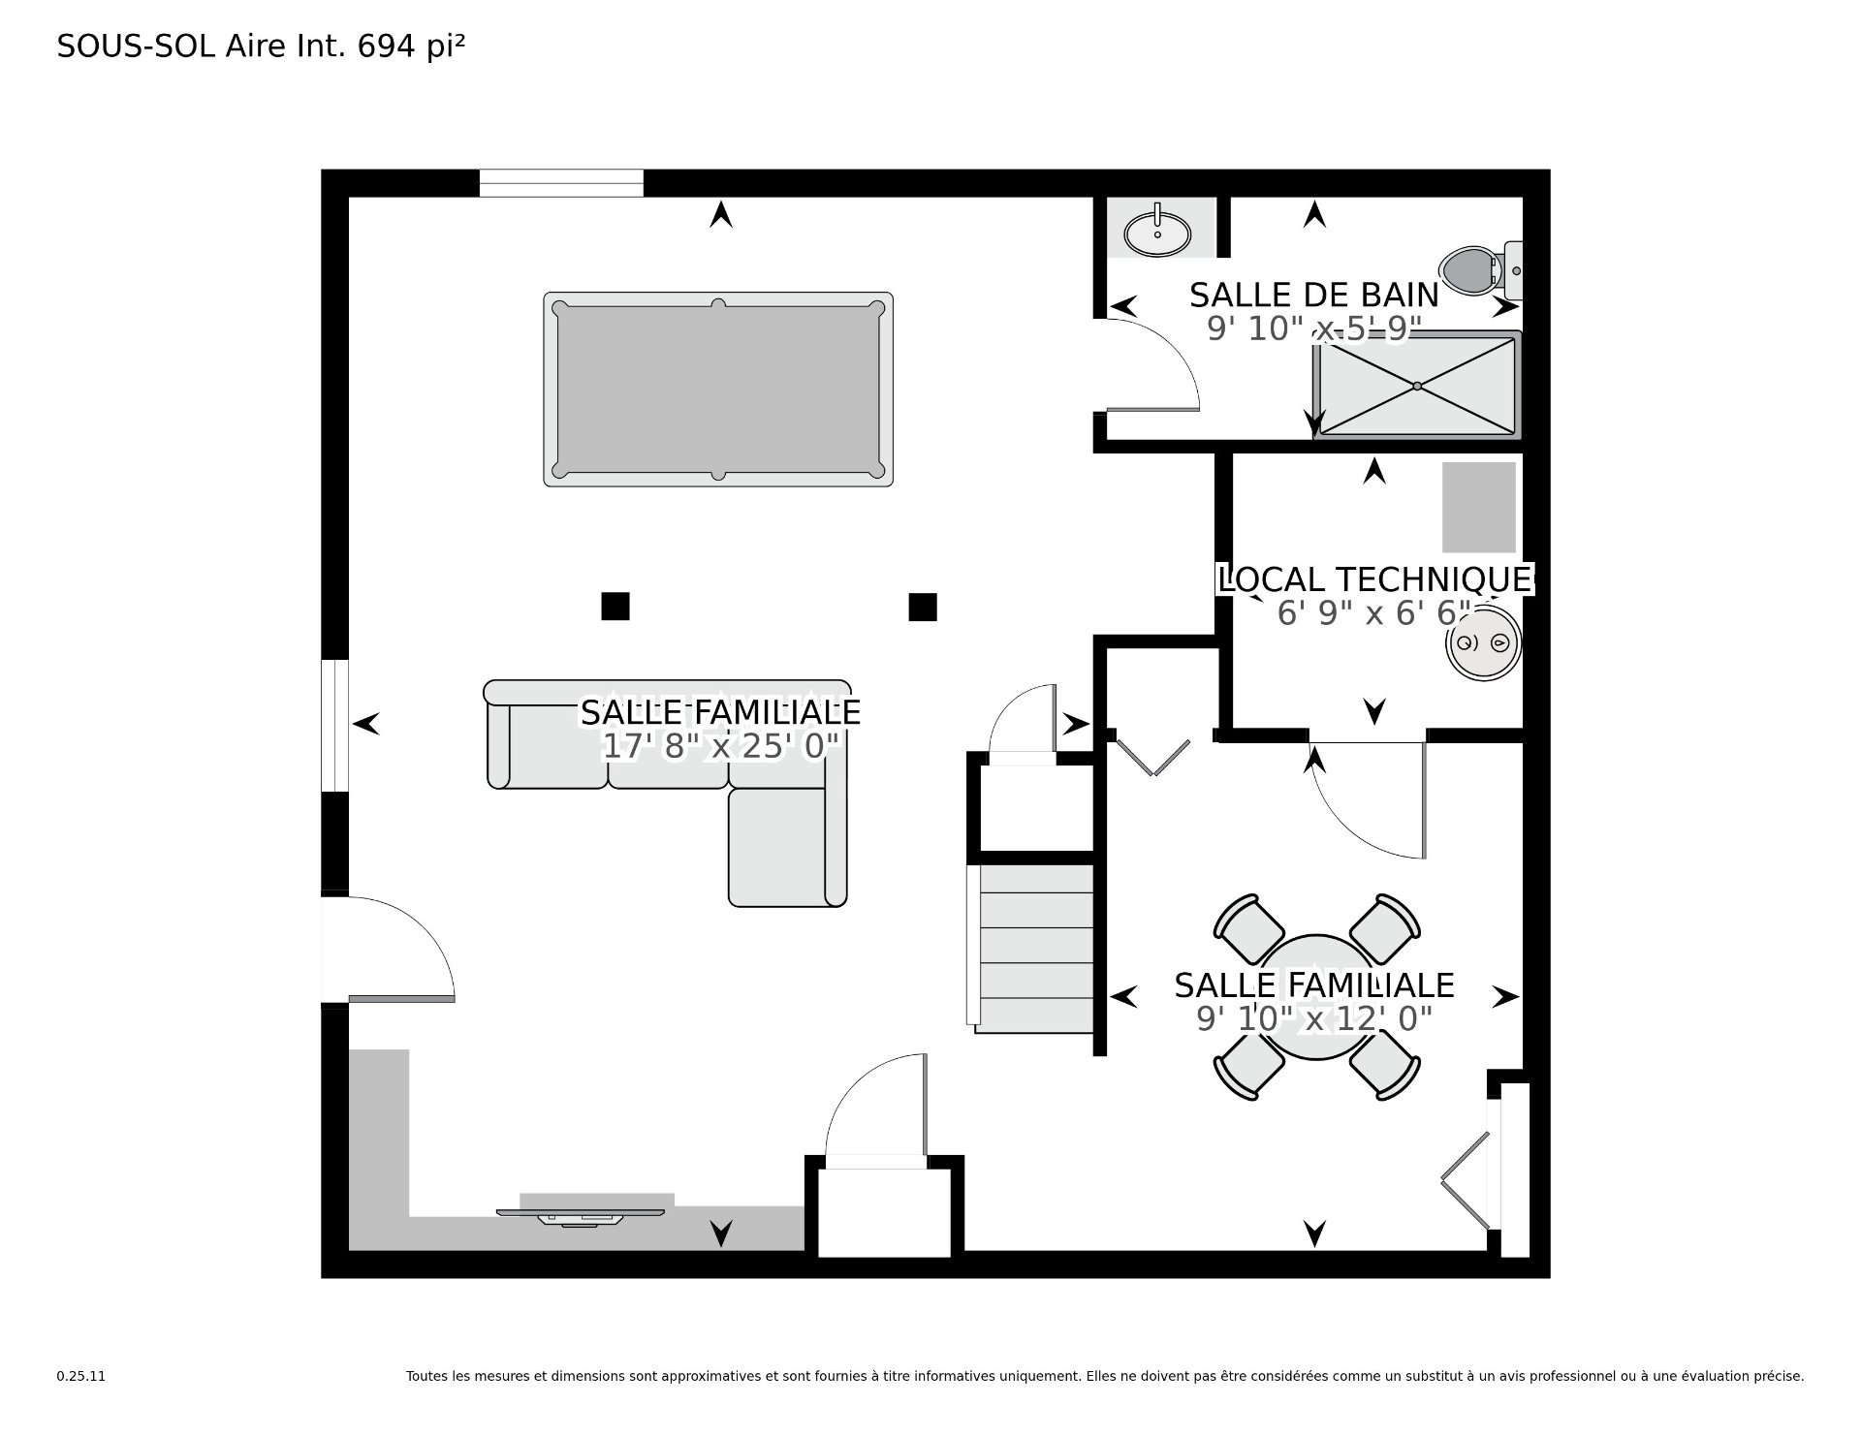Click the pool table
tap(717, 389)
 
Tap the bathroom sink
tap(1157, 233)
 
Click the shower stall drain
tap(1417, 386)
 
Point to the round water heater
tap(1483, 642)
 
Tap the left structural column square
tap(615, 606)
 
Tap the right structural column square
tap(923, 607)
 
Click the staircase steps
tap(1033, 948)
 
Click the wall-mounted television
tap(582, 1215)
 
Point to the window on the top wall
tap(561, 183)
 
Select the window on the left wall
tap(334, 726)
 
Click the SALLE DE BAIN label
tap(1314, 295)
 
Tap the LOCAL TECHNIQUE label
tap(1376, 579)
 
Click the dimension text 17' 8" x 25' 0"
tap(720, 746)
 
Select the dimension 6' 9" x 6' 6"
tap(1374, 613)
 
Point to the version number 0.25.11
tap(81, 1376)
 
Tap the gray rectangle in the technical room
tap(1479, 508)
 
